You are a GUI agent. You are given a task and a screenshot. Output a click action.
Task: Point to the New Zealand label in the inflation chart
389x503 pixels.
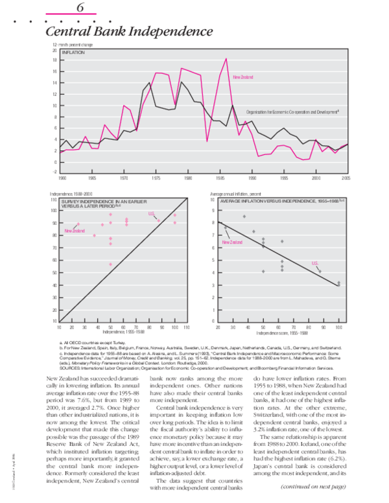[x=242, y=77]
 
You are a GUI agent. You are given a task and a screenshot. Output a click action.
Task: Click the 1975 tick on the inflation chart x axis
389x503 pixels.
[x=156, y=177]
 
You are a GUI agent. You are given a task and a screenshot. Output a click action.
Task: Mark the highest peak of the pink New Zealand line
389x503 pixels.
[x=226, y=59]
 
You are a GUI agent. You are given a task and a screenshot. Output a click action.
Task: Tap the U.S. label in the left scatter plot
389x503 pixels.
[x=152, y=214]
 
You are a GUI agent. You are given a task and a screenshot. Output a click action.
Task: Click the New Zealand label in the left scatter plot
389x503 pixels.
[x=74, y=231]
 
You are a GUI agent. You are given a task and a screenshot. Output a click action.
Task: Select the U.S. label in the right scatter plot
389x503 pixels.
[x=314, y=263]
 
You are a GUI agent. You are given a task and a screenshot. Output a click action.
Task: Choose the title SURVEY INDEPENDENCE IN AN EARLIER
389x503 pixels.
[x=99, y=202]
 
